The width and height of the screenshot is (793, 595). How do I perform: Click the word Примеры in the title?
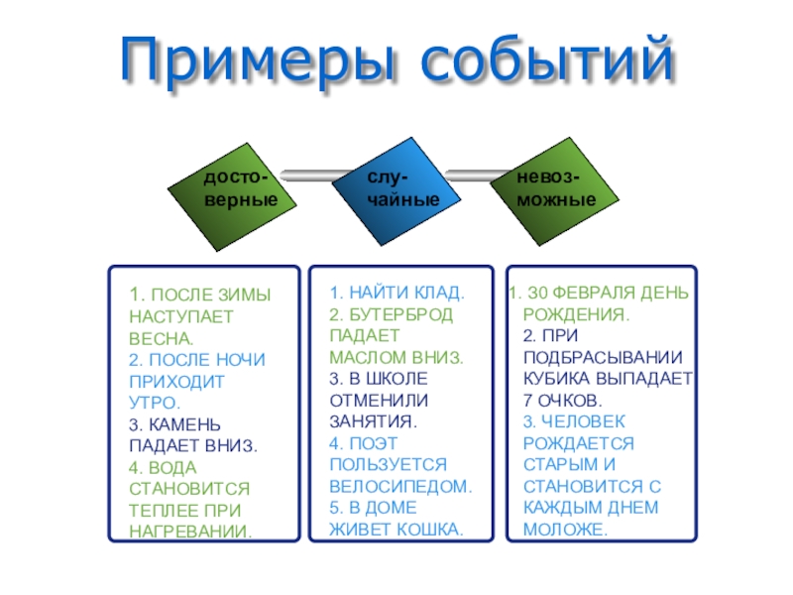tap(261, 61)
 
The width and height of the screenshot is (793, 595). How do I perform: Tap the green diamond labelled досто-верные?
tap(235, 189)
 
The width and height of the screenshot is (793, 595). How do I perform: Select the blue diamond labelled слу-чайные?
tap(396, 188)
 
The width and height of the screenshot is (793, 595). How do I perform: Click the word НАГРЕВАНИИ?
tap(190, 532)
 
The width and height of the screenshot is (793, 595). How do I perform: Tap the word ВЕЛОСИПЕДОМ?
tap(400, 487)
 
